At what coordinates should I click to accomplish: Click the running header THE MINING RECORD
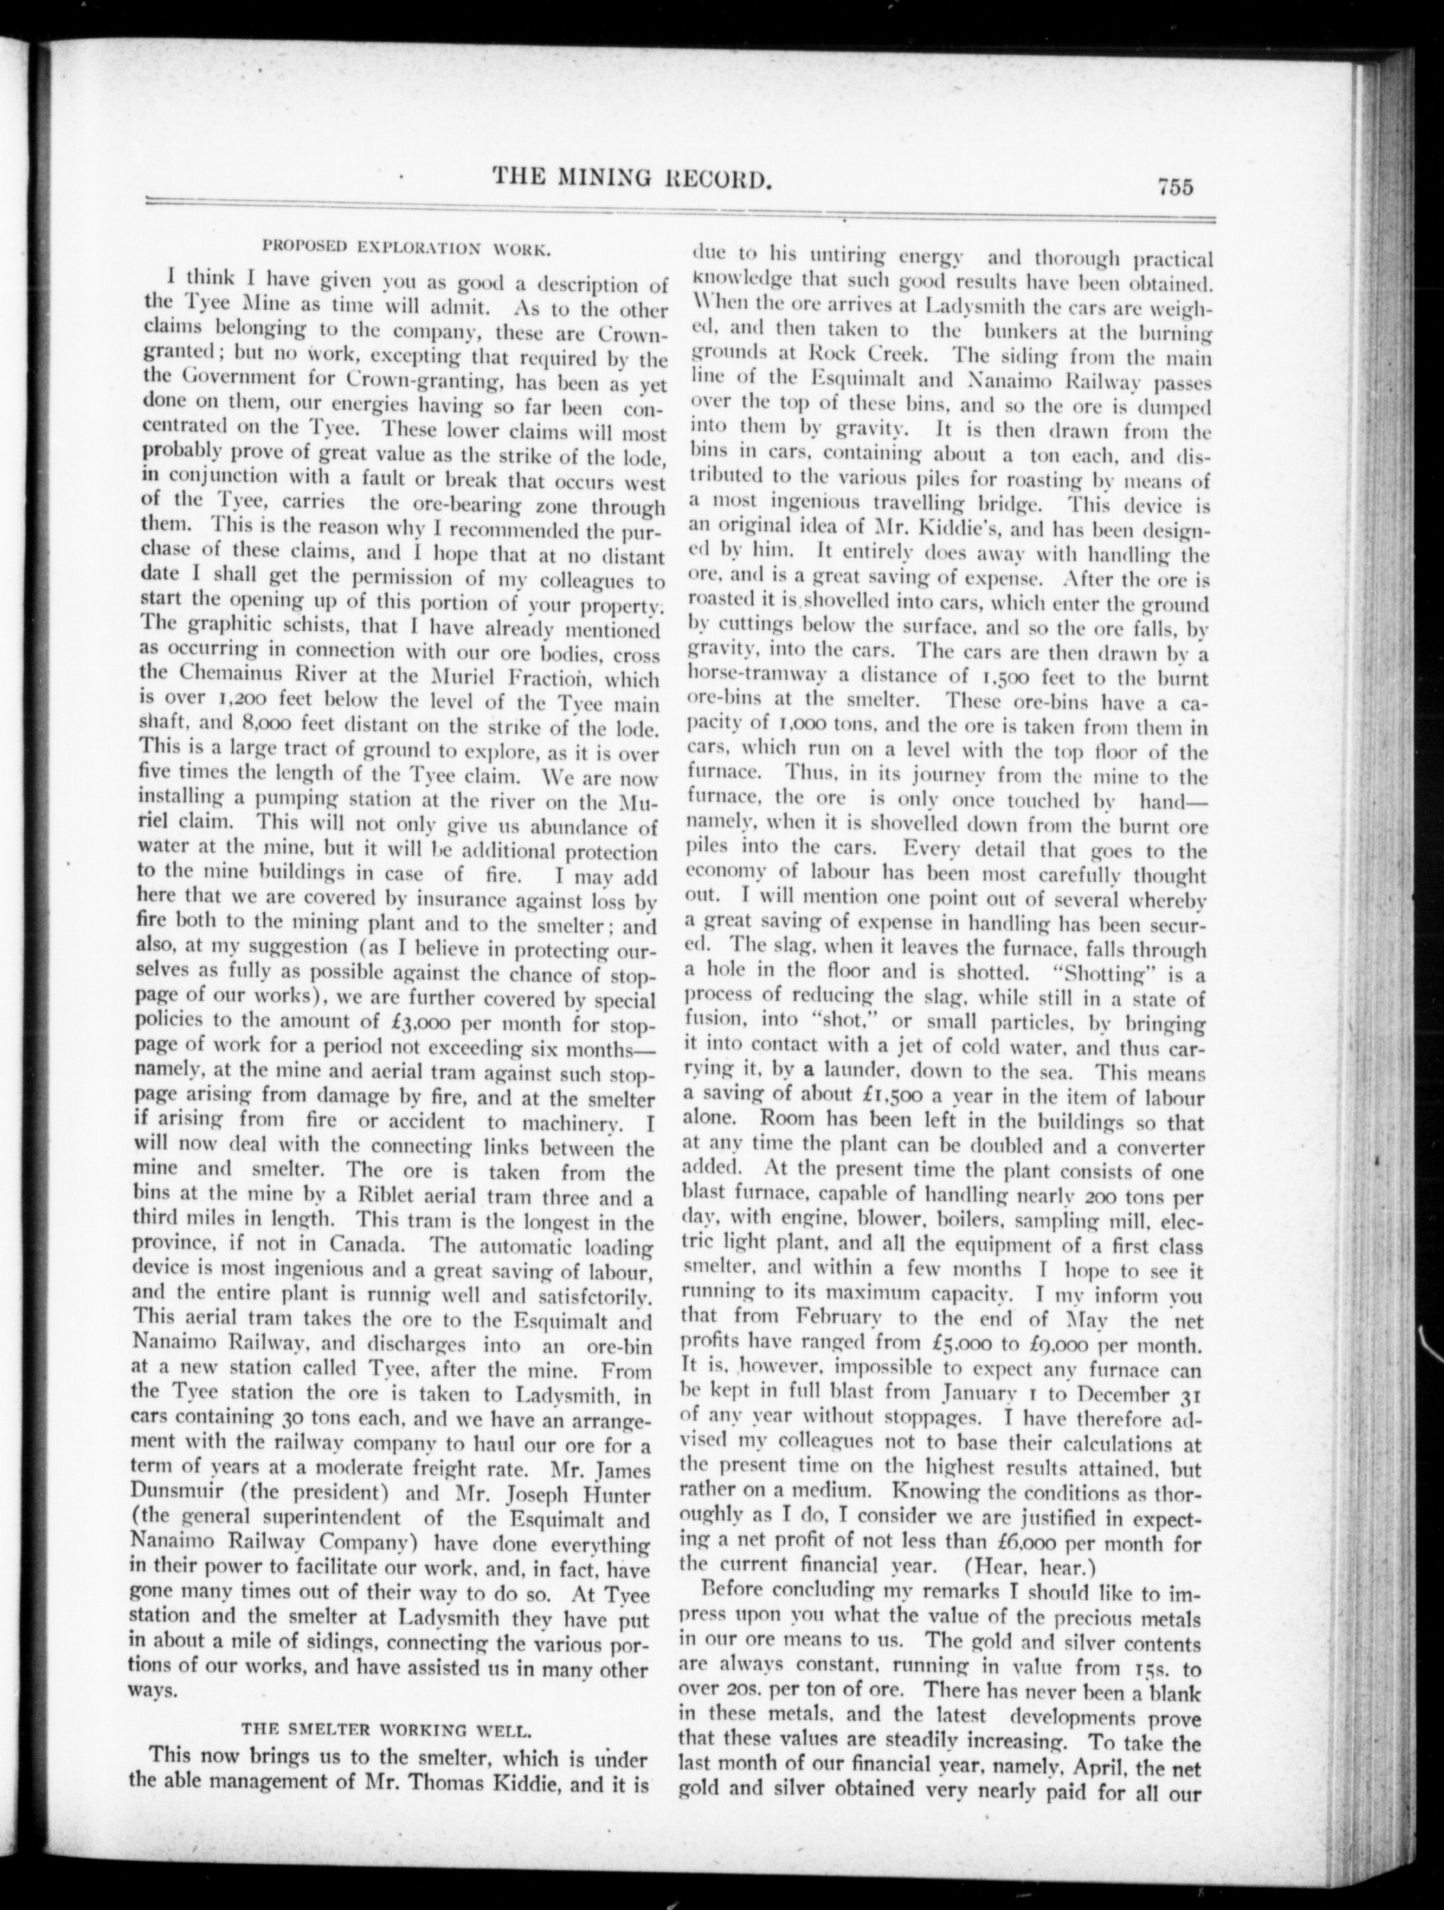coord(631,180)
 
